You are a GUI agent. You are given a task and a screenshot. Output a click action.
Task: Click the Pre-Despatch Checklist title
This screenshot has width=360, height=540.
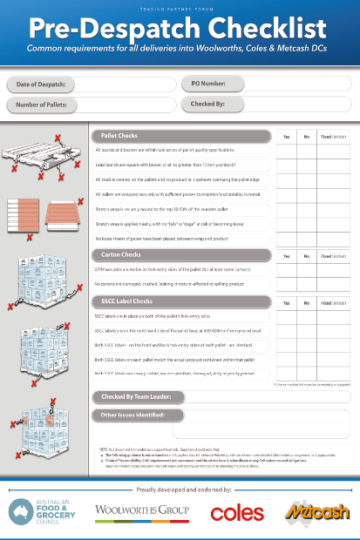(x=180, y=26)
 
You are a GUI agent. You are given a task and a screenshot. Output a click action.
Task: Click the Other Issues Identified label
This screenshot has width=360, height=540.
(x=134, y=415)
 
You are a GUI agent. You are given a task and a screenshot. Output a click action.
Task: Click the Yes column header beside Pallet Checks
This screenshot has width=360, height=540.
(x=287, y=137)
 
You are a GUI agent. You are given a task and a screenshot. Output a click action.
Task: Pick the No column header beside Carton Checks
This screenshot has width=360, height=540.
(x=307, y=255)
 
